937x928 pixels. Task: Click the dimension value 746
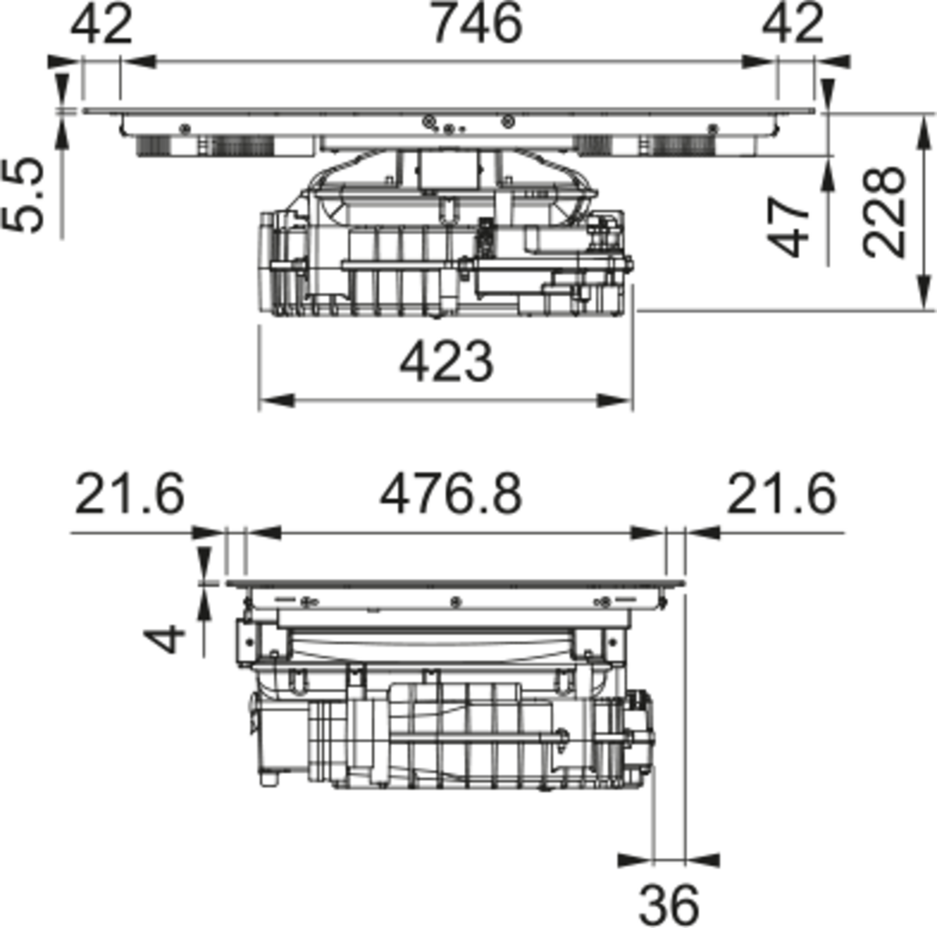coord(478,23)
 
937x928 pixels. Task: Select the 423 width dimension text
coord(447,362)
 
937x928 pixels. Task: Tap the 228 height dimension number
coord(885,211)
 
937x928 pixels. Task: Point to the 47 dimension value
coord(787,227)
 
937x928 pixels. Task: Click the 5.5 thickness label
coord(23,195)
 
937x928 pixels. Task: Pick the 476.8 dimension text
coord(451,495)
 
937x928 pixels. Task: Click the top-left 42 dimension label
coord(102,24)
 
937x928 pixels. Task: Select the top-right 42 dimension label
coord(793,24)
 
